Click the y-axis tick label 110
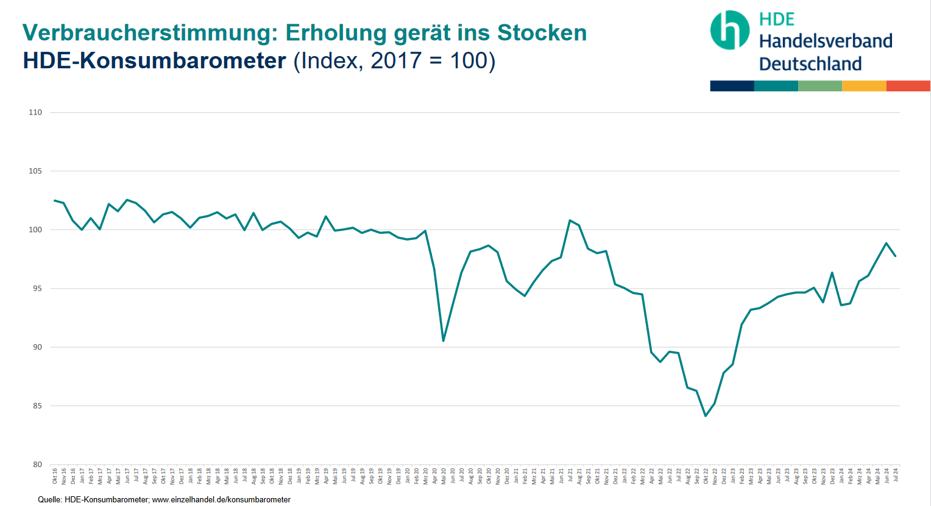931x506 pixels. coord(35,113)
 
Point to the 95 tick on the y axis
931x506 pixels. coord(37,289)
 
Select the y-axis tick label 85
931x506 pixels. coord(37,406)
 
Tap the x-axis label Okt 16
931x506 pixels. coord(55,476)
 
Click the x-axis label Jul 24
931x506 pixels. coord(896,475)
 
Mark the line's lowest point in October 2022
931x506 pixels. coord(706,416)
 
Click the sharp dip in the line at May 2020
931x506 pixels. coord(444,340)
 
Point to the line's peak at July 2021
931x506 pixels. coord(570,220)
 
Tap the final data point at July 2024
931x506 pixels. coord(895,256)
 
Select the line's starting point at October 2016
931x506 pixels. coord(55,200)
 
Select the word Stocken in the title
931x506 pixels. coord(542,33)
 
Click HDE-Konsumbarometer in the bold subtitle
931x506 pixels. coord(154,61)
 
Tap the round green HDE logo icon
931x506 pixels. coord(729,30)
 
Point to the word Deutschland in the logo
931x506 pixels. coord(810,64)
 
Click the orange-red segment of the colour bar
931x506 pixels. coord(908,86)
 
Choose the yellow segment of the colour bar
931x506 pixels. coord(864,86)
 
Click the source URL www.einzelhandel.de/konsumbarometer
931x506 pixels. coord(221,500)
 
